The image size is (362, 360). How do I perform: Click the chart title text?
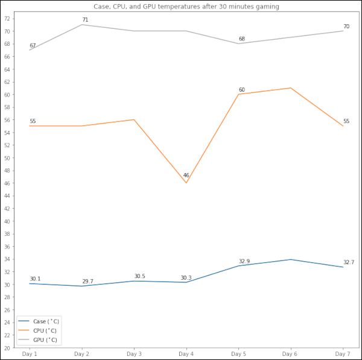[x=186, y=6]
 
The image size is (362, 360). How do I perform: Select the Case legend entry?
[x=45, y=321]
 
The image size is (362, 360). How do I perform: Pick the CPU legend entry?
[x=45, y=330]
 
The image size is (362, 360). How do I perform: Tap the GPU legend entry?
[x=45, y=339]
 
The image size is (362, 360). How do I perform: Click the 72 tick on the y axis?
[x=7, y=19]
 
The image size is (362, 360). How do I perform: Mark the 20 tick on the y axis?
[x=7, y=348]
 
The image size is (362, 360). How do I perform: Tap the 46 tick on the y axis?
[x=7, y=183]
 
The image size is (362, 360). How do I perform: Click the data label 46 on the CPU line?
[x=186, y=175]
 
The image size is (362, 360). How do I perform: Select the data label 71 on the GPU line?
[x=85, y=20]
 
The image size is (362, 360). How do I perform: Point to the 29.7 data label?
[x=87, y=282]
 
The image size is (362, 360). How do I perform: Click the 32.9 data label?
[x=244, y=261]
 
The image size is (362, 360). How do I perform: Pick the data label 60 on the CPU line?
[x=242, y=90]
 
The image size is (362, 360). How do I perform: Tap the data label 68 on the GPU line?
[x=242, y=39]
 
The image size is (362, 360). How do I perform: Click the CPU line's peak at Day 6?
[x=291, y=88]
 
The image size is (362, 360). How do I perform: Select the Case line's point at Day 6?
[x=291, y=259]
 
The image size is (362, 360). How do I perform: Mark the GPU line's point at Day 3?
[x=134, y=31]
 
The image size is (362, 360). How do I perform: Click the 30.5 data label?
[x=139, y=276]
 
